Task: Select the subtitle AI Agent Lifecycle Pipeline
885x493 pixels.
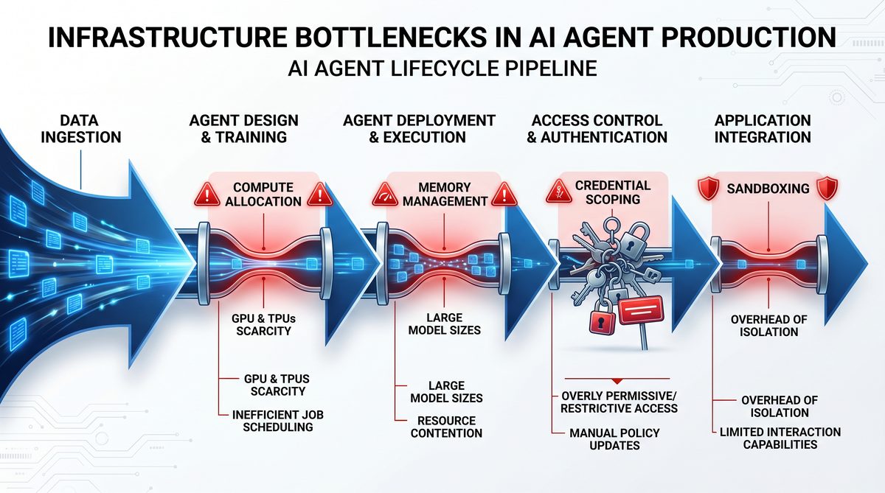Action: (442, 69)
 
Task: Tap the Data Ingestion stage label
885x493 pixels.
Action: (81, 129)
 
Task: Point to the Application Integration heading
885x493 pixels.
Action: (763, 129)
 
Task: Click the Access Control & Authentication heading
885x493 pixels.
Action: (597, 129)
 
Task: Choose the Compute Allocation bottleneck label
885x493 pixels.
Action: (263, 195)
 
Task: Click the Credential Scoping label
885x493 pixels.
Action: (613, 192)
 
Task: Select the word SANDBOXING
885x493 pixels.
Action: (768, 189)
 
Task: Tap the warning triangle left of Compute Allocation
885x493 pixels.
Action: (207, 195)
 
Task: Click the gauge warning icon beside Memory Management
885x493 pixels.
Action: (385, 195)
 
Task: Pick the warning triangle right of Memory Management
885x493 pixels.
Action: (504, 195)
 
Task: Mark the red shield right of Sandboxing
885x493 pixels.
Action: (827, 188)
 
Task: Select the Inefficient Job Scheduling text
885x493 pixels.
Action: (278, 421)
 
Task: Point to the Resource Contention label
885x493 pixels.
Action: (446, 427)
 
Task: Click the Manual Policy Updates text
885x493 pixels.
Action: (614, 439)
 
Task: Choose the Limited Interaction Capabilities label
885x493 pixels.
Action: (780, 438)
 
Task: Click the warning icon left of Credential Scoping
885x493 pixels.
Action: (559, 191)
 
